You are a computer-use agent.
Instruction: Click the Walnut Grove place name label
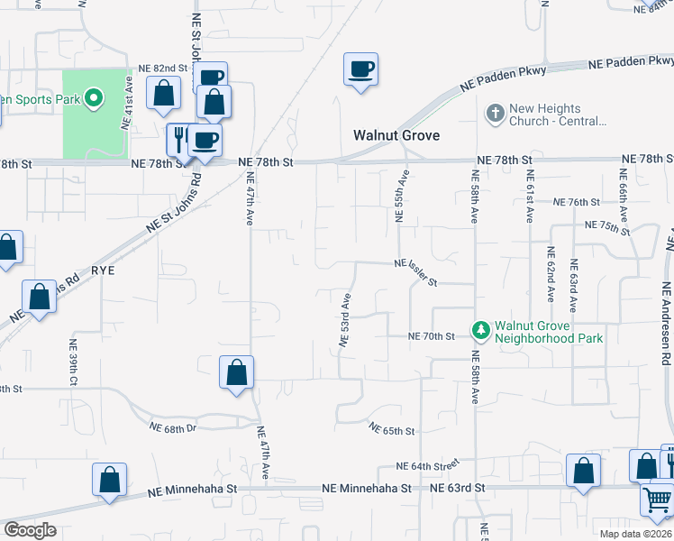pos(396,135)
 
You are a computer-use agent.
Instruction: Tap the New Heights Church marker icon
pos(494,114)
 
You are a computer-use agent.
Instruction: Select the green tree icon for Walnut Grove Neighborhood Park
pos(480,331)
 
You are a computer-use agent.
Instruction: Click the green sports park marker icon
pos(93,97)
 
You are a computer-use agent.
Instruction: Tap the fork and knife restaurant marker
pos(180,139)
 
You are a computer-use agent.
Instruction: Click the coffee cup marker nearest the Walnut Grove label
pos(360,69)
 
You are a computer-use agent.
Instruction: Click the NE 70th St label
pos(433,336)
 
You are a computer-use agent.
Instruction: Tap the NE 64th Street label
pos(428,465)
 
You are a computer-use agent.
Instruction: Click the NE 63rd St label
pos(457,488)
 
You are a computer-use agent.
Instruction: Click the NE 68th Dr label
pos(173,426)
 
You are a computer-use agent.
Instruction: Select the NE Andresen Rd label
pos(666,323)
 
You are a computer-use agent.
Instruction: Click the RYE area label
pos(105,270)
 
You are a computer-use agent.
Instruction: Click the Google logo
pos(30,530)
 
